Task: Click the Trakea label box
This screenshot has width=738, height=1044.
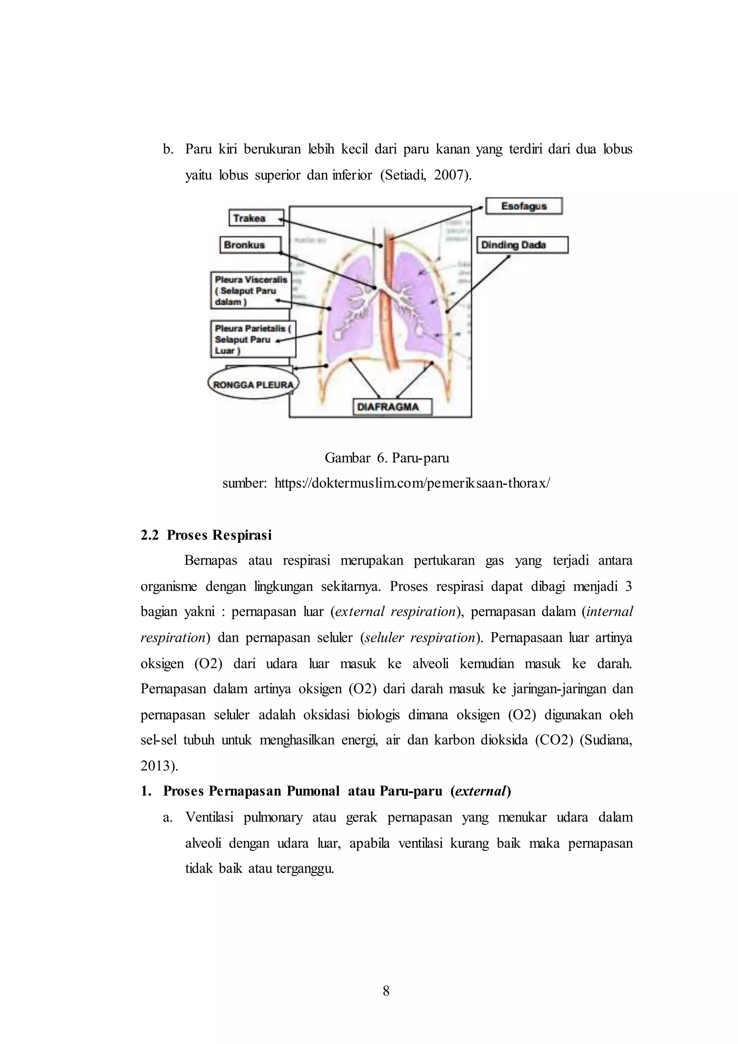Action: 256,218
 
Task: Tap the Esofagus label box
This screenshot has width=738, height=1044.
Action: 524,206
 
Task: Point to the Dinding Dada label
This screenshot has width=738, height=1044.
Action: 522,245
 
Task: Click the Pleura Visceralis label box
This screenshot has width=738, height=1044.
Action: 251,291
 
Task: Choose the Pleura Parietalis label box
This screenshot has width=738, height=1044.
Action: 253,339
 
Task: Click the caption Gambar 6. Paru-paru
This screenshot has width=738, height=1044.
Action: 387,458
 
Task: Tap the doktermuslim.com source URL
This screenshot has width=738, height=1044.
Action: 412,483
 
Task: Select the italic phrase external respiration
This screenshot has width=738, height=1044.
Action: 395,611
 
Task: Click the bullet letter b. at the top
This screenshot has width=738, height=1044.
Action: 168,150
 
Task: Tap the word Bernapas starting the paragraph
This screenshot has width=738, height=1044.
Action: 210,561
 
